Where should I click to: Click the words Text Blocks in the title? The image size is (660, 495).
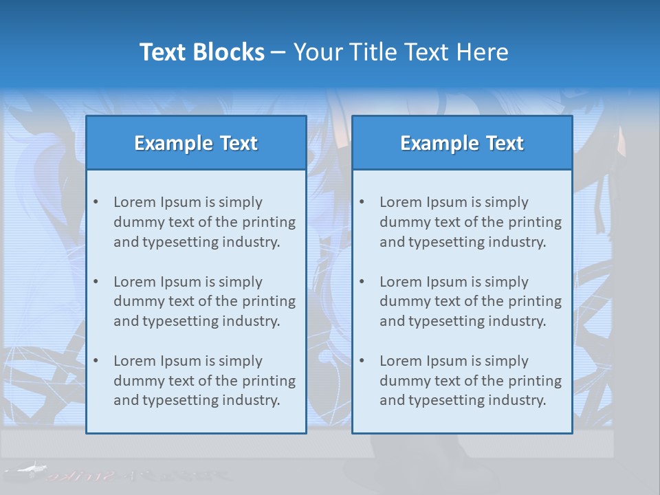pyautogui.click(x=201, y=52)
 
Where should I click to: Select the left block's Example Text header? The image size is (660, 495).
pyautogui.click(x=196, y=143)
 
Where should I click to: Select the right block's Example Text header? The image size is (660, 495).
pyautogui.click(x=462, y=143)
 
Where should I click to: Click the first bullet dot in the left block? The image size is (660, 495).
pyautogui.click(x=96, y=202)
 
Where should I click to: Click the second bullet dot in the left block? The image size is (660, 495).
pyautogui.click(x=96, y=282)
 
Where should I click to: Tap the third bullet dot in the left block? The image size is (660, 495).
pyautogui.click(x=96, y=361)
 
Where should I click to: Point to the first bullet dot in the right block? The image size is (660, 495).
pyautogui.click(x=362, y=202)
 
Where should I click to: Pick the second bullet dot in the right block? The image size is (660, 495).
pyautogui.click(x=362, y=282)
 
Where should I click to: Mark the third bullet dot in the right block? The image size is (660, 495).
pyautogui.click(x=362, y=361)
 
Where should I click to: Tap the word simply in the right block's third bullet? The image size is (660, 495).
pyautogui.click(x=507, y=361)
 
